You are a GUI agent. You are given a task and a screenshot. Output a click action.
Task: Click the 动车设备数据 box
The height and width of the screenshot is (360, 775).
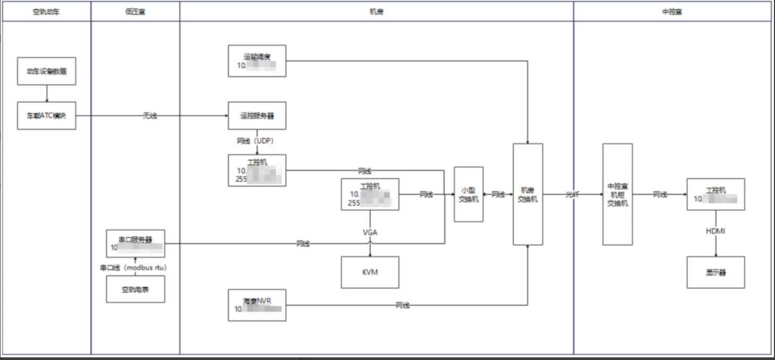(47, 71)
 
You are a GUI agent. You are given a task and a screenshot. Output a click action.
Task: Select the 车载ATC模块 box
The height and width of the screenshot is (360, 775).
(47, 115)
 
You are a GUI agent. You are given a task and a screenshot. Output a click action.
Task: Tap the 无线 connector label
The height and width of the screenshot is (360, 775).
(150, 116)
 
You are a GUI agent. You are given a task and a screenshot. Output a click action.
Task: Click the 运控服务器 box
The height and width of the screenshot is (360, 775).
(257, 115)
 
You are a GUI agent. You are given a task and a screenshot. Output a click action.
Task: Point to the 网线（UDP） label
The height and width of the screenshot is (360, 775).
(254, 142)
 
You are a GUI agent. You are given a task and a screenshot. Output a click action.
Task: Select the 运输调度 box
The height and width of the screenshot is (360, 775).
(257, 61)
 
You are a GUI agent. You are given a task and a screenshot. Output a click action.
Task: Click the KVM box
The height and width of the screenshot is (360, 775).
(370, 272)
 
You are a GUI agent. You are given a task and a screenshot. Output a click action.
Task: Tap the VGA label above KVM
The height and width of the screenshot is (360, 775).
(370, 232)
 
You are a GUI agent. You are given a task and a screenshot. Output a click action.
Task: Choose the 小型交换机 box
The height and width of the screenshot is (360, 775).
(469, 194)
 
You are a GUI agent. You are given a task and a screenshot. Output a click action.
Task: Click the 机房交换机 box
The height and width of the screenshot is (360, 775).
(527, 194)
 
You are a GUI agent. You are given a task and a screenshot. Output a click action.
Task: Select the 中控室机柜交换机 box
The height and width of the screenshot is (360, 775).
(618, 194)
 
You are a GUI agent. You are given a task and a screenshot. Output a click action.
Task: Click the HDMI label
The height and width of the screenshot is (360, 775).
(716, 231)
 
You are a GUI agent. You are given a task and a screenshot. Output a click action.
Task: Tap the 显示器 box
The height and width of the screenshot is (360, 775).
(716, 272)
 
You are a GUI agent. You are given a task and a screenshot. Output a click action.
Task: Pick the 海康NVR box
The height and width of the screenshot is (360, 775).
(257, 305)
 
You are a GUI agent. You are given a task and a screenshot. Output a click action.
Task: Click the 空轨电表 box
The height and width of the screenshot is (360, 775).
(135, 289)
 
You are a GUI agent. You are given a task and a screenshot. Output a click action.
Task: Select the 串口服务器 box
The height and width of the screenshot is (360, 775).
(135, 243)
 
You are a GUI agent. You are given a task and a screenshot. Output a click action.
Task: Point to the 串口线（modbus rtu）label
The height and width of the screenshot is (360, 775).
(133, 268)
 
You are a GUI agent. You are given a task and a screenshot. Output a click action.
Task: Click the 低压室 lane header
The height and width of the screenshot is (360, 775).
(135, 11)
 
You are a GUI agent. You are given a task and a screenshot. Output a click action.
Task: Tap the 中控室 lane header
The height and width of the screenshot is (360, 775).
(672, 11)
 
